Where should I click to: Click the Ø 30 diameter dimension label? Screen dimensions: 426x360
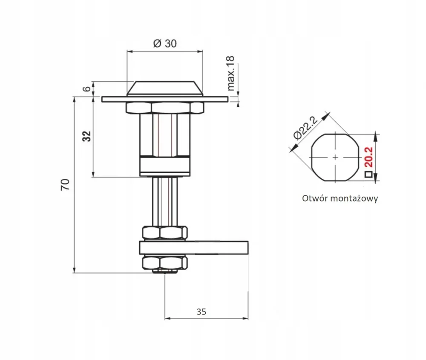click(165, 43)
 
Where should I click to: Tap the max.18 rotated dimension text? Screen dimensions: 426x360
click(230, 73)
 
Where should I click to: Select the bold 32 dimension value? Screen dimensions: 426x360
click(86, 136)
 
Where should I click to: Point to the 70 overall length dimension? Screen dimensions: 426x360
click(65, 185)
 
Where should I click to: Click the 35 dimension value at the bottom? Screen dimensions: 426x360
click(201, 312)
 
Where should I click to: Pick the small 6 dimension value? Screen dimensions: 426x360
click(86, 89)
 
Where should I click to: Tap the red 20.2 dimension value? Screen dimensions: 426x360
click(368, 157)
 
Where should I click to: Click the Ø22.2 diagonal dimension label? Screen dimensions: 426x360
click(305, 128)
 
